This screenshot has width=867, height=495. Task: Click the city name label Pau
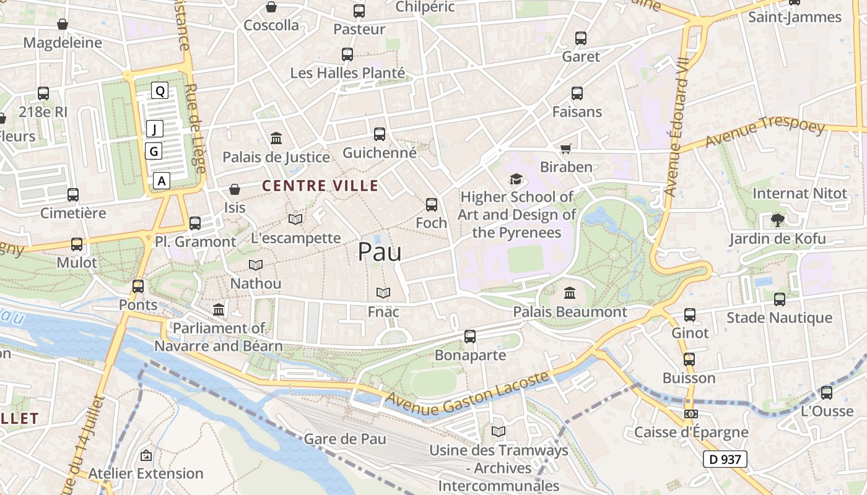pos(380,252)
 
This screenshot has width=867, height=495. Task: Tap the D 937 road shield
pos(725,459)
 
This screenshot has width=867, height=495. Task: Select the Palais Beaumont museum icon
pos(570,293)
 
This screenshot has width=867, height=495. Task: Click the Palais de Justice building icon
pos(276,138)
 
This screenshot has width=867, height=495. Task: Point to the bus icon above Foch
pos(431,204)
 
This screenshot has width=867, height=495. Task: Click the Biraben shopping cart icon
pos(565,148)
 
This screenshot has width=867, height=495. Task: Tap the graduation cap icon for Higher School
pos(516,179)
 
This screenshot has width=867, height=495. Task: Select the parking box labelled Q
pos(160,91)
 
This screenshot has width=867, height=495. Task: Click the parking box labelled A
pos(162,181)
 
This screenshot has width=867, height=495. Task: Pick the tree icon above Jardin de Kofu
pos(777,220)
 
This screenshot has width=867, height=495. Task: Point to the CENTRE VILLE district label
pos(320,186)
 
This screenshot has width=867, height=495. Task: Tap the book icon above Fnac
pos(383,293)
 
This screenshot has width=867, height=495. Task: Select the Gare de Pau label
pos(345,439)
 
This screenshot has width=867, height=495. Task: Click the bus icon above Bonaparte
pos(470,337)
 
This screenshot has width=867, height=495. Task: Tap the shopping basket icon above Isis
pos(235,189)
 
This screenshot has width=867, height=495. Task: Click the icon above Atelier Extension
pos(146,455)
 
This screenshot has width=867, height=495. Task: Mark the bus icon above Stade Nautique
pos(779,299)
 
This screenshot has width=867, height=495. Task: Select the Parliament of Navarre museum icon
pos(219,309)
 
